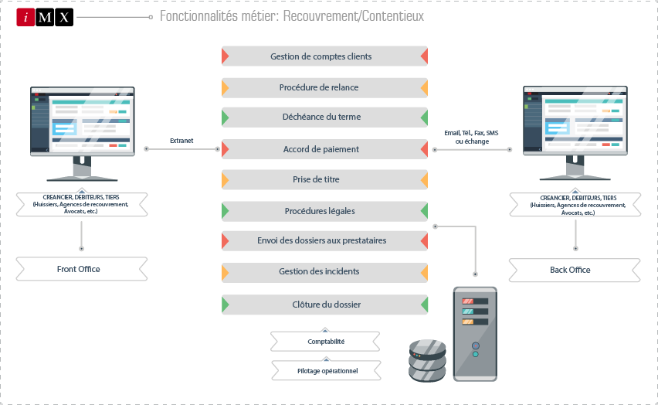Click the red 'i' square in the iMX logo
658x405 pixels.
pyautogui.click(x=25, y=17)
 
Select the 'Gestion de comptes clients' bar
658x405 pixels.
pyautogui.click(x=324, y=56)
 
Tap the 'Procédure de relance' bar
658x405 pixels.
pyautogui.click(x=324, y=87)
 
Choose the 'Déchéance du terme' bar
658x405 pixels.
pyautogui.click(x=324, y=117)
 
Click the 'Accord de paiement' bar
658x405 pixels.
pyautogui.click(x=324, y=148)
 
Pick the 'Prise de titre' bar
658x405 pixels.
pyautogui.click(x=324, y=179)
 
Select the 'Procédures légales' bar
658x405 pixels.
pyautogui.click(x=324, y=210)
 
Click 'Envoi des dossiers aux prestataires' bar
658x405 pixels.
pyautogui.click(x=324, y=240)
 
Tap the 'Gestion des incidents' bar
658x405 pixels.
pyautogui.click(x=324, y=271)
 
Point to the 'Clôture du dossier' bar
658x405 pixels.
pyautogui.click(x=324, y=304)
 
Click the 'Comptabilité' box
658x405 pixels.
pyautogui.click(x=325, y=341)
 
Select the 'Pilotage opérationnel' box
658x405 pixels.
pyautogui.click(x=325, y=370)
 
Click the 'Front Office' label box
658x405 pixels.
pyautogui.click(x=81, y=269)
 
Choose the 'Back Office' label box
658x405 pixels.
pyautogui.click(x=574, y=269)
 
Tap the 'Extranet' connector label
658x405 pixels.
pyautogui.click(x=181, y=141)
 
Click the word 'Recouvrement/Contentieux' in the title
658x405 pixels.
pyautogui.click(x=363, y=16)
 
